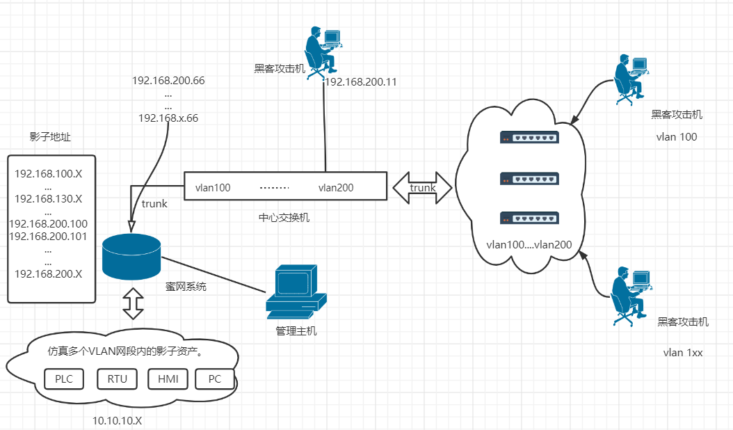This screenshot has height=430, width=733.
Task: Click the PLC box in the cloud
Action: click(x=64, y=379)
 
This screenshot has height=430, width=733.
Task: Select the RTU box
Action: click(x=118, y=379)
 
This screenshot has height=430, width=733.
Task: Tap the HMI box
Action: click(x=168, y=379)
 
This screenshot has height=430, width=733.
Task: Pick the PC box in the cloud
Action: click(x=215, y=379)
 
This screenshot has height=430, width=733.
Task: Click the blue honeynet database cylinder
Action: click(x=131, y=255)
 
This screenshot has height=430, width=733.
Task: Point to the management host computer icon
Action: click(x=296, y=291)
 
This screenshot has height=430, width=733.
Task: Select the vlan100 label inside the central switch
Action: click(x=213, y=187)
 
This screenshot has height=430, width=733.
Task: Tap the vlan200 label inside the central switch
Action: click(x=336, y=187)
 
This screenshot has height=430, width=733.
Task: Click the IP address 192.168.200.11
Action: click(x=361, y=81)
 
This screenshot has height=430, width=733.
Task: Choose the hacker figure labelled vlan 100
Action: click(x=631, y=79)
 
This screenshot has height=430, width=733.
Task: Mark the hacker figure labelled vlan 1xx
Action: click(x=631, y=295)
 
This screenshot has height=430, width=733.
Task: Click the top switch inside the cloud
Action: click(x=529, y=138)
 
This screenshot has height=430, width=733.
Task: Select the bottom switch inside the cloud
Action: click(x=529, y=218)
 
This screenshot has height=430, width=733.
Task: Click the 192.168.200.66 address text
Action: click(x=168, y=80)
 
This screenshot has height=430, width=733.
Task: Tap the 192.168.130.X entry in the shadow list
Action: click(x=49, y=198)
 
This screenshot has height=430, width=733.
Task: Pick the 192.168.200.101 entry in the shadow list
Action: click(x=49, y=237)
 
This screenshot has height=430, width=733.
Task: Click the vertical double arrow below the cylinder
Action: click(x=133, y=303)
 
